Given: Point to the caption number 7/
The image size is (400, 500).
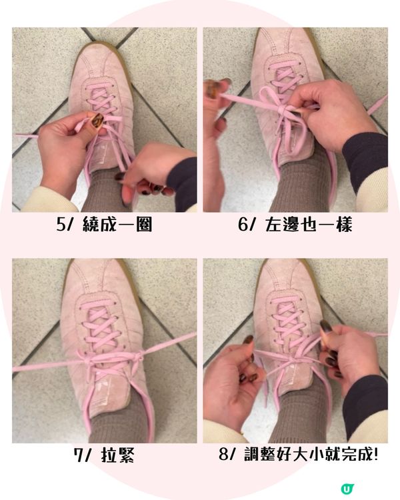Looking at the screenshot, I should coord(84,457).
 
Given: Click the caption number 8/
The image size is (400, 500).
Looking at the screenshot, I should coord(228,457).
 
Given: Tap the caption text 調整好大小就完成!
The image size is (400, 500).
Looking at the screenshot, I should coord(309,457).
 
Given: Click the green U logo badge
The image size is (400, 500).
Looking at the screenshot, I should coord(346,489).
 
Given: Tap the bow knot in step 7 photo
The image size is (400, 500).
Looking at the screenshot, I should coord(133,359).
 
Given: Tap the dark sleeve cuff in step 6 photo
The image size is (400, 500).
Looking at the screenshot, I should coord(363,160).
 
